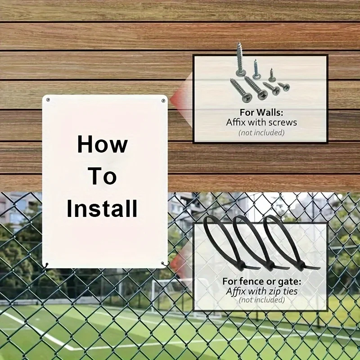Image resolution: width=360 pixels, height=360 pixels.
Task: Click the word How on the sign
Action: pos(103,144)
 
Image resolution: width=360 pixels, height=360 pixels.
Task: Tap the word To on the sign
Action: pos(103,176)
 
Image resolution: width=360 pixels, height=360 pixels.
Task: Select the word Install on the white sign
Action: pos(102,208)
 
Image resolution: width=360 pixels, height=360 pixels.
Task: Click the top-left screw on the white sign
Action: pos(48,99)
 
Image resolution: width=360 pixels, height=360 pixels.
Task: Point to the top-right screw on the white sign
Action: pos(163,100)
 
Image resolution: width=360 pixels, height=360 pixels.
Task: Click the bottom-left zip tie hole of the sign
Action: pos(47,265)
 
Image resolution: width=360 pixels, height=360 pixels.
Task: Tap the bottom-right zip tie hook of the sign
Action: pos(165,264)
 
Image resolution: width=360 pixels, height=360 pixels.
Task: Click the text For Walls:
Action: pos(261,112)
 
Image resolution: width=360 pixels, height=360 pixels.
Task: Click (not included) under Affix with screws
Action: pos(261,132)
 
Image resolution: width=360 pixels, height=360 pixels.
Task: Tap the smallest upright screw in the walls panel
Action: pos(272,75)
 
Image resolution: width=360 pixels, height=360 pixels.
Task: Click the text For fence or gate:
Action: pos(261,281)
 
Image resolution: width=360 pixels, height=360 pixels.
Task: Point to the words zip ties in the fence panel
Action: pos(283,291)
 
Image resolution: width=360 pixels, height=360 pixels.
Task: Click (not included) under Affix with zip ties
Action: pos(261,300)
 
